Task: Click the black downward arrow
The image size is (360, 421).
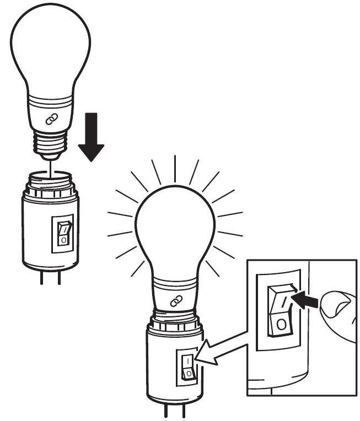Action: click(x=91, y=138)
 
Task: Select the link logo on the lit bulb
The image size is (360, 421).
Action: click(x=176, y=301)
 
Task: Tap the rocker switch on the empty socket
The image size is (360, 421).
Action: click(x=64, y=233)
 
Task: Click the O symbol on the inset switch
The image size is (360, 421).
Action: click(x=281, y=325)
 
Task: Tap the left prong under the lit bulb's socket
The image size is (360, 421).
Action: click(x=165, y=412)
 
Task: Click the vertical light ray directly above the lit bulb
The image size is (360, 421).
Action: click(x=175, y=169)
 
